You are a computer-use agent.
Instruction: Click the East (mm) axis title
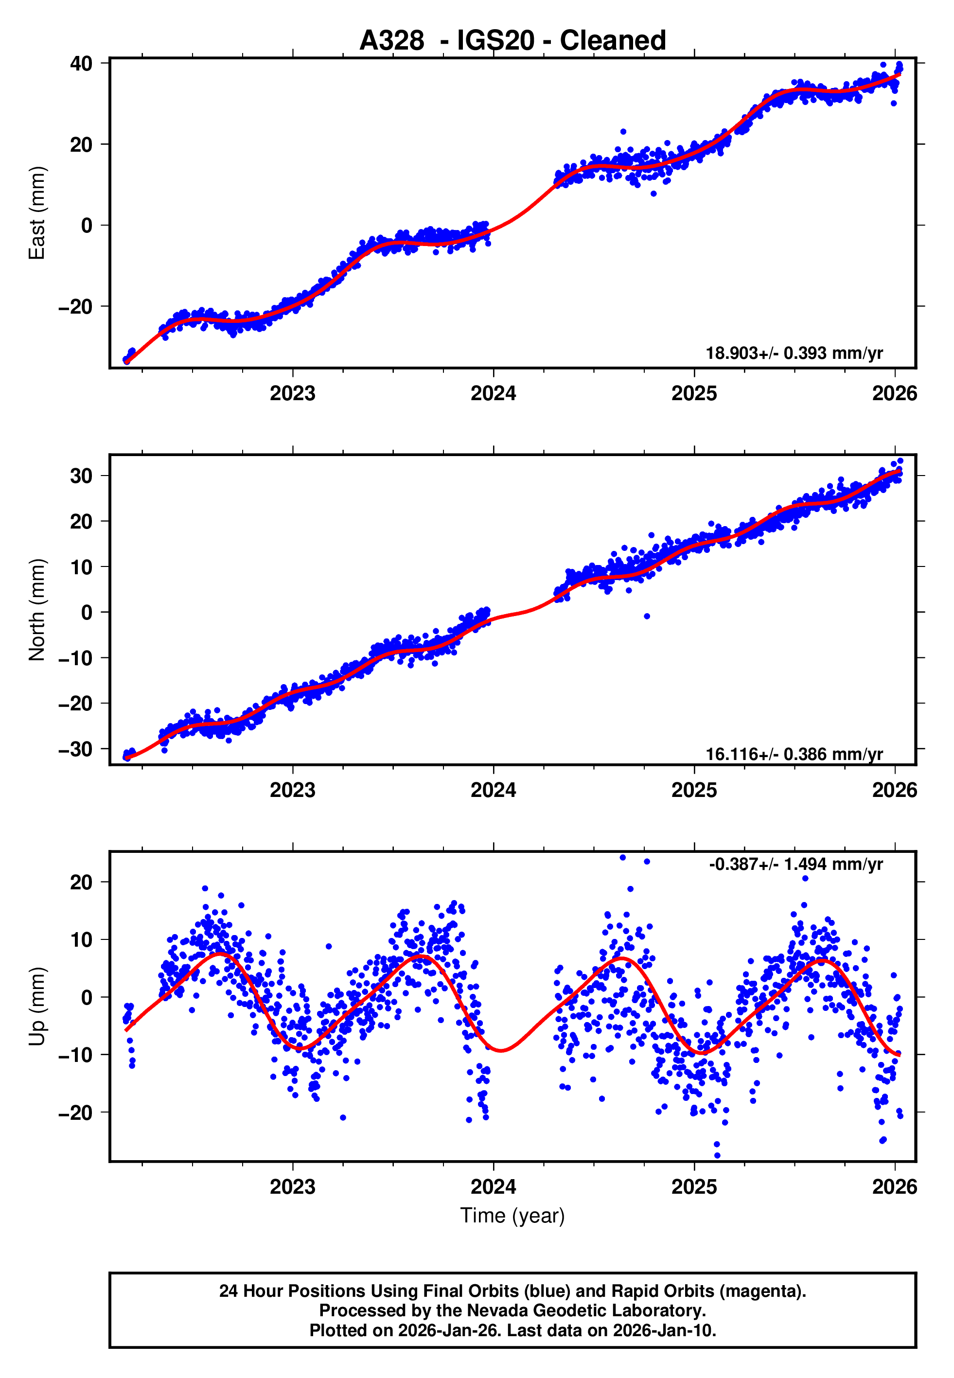(x=37, y=213)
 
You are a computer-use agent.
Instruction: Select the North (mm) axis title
(x=37, y=610)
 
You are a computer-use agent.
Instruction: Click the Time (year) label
(x=512, y=1216)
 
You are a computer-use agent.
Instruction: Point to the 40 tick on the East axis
(x=81, y=63)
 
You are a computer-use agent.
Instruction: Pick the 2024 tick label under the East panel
(x=493, y=393)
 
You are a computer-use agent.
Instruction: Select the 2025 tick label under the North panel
(x=693, y=790)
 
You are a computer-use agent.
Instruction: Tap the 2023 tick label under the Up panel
(x=292, y=1186)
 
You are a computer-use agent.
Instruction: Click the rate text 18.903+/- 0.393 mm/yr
(x=794, y=353)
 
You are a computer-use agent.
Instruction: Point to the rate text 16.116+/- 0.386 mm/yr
(x=794, y=754)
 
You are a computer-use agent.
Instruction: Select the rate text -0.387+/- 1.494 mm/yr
(x=795, y=864)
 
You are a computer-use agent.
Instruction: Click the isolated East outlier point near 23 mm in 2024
(x=623, y=131)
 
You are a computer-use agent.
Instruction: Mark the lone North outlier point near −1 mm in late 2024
(x=647, y=616)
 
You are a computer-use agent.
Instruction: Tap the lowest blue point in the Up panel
(x=717, y=1155)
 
